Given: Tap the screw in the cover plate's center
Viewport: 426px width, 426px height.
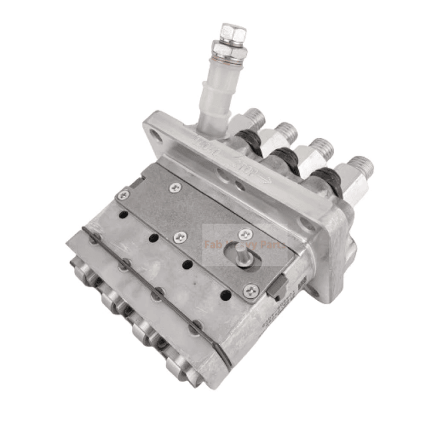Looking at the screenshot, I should point(178,236).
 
